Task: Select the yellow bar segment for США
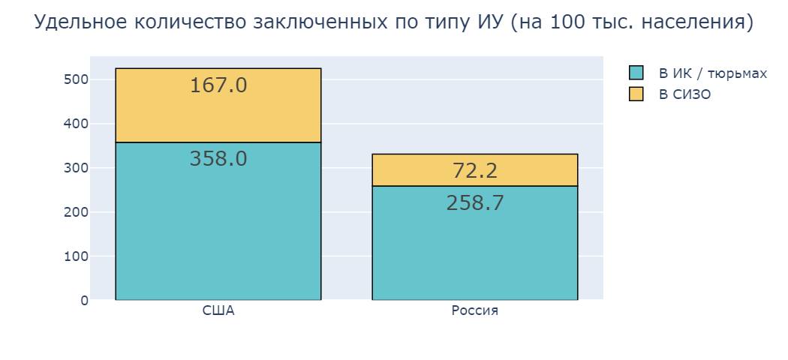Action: pos(218,112)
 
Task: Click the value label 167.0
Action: pos(218,85)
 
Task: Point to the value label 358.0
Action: pos(218,159)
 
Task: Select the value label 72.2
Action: pos(474,171)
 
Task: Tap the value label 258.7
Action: pos(474,203)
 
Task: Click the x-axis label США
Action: pos(218,311)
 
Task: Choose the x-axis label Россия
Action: pos(474,311)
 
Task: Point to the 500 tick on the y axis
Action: pos(77,79)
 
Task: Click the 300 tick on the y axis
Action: pos(77,168)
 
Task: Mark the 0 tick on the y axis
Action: pos(83,301)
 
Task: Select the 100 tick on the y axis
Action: pos(77,256)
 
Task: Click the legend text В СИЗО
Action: pos(684,94)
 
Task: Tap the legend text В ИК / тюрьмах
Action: pos(712,73)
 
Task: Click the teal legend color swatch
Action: pos(636,73)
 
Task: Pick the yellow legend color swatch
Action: pos(636,94)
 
